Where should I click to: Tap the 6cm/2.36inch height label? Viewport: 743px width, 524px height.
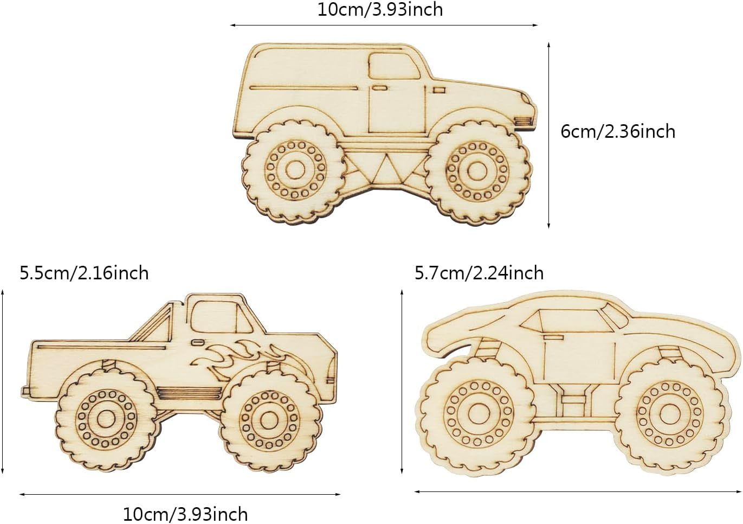click(x=618, y=131)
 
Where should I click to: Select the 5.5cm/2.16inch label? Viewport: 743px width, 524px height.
click(x=84, y=272)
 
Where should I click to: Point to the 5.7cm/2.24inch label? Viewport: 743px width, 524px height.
click(x=479, y=272)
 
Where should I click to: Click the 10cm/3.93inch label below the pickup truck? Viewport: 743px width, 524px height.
click(x=185, y=513)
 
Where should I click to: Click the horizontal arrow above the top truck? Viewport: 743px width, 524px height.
click(x=384, y=25)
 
